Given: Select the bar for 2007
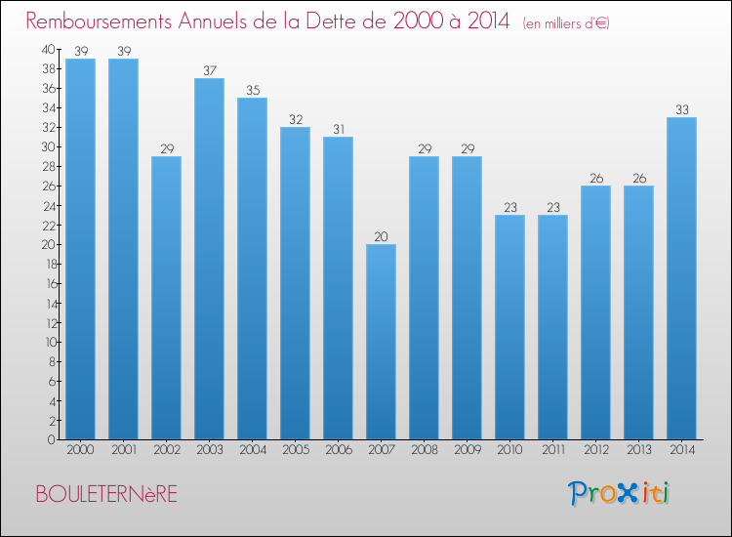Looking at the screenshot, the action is point(381,342).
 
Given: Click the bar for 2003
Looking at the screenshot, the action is point(209,259).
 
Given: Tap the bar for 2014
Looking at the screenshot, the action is point(681,278).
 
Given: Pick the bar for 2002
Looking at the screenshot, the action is point(166,298).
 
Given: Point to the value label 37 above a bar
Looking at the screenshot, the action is point(210,70).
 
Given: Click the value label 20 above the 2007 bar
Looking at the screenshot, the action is point(381,236).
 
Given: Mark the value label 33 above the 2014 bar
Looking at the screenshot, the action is point(682,109).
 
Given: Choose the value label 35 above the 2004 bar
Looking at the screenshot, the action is point(253,90).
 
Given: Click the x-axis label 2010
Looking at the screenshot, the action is point(509,450).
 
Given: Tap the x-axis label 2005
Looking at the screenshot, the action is point(296,450).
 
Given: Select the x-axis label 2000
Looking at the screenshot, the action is point(80,450).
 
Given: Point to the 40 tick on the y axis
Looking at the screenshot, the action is point(49,49).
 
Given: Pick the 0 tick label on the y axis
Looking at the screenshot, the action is point(52,440).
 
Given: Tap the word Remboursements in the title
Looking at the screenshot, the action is point(99,21).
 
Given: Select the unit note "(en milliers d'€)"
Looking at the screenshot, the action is point(566,22).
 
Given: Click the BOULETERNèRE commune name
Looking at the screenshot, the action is point(106,494).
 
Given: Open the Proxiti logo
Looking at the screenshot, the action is point(619,493).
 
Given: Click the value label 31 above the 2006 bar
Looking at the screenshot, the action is point(339,129).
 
